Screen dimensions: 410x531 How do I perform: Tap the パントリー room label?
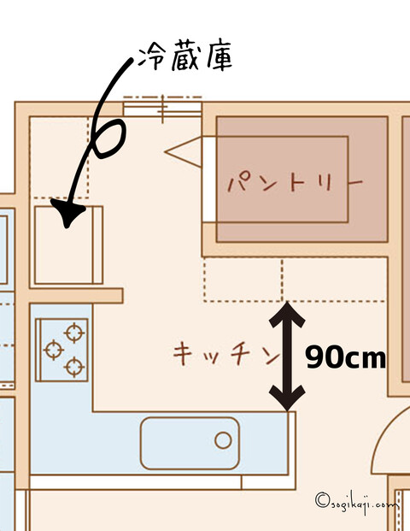tap(295, 183)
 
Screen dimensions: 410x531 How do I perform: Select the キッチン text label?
tap(226, 353)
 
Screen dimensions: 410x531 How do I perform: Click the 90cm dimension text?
tap(345, 357)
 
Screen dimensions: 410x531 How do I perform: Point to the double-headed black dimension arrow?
tap(287, 357)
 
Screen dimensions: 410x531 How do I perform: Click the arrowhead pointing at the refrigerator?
tap(68, 213)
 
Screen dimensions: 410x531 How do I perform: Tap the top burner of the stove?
tap(74, 333)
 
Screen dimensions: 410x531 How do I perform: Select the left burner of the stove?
tap(54, 350)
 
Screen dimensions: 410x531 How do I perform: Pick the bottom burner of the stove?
tap(74, 367)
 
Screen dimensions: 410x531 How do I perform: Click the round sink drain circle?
tap(223, 440)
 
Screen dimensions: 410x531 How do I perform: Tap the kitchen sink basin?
tap(190, 443)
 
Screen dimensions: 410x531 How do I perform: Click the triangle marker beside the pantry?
tap(183, 152)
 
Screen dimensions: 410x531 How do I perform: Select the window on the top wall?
tap(162, 107)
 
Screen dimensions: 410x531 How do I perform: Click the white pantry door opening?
tap(209, 180)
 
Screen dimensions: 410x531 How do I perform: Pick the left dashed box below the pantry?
tap(243, 279)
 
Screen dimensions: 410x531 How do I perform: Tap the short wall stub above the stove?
tap(76, 296)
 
